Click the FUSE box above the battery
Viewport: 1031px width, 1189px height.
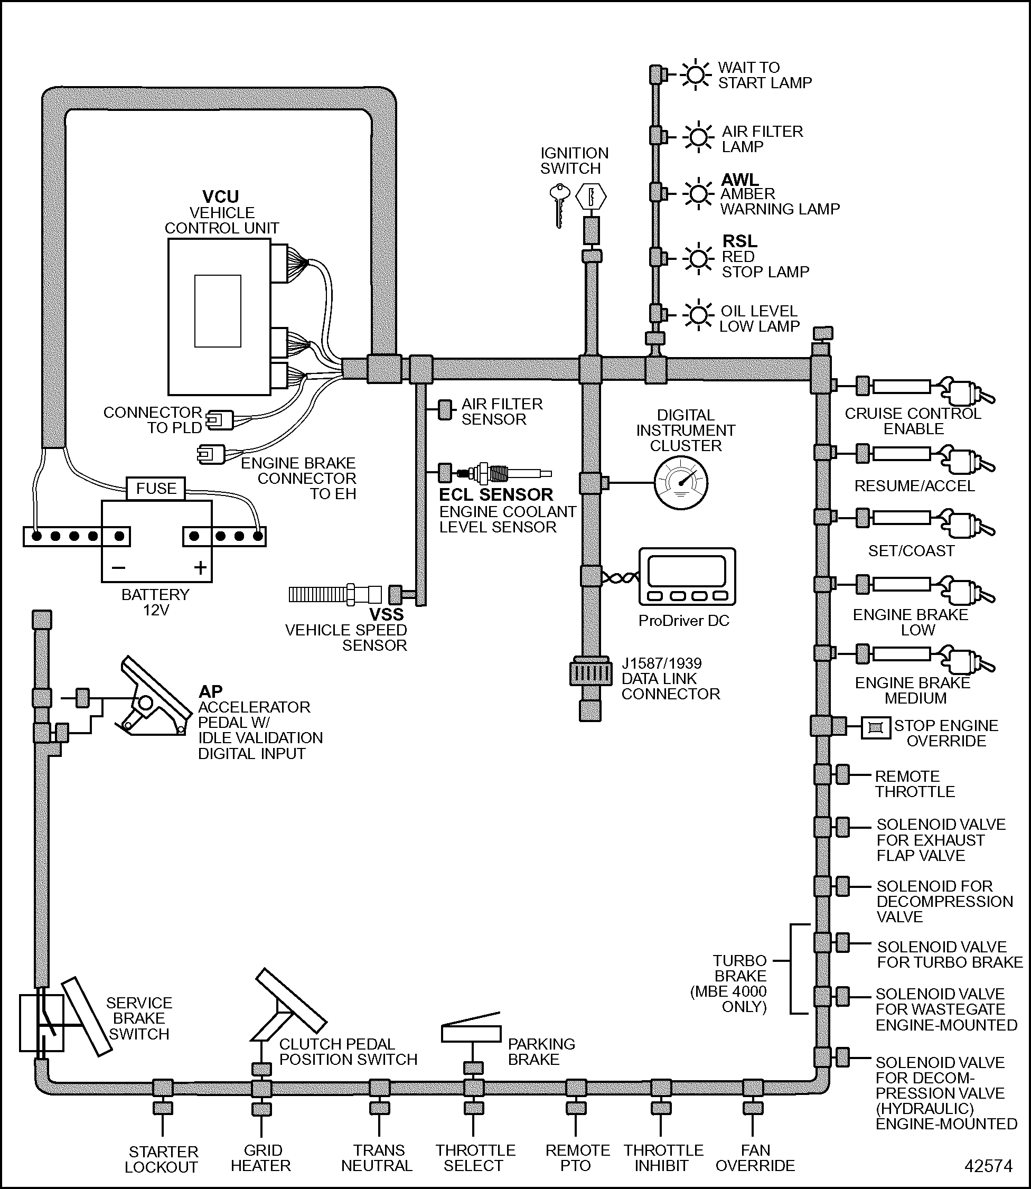tap(156, 489)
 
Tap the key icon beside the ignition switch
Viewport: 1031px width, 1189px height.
tap(559, 204)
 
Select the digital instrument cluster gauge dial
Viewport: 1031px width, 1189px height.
tap(681, 483)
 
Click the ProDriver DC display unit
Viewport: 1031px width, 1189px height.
tap(687, 576)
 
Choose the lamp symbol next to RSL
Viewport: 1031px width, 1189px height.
tap(698, 258)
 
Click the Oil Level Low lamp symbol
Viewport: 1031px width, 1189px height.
tap(698, 315)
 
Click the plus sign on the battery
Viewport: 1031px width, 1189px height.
tap(200, 568)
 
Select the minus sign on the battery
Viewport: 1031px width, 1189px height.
tap(118, 568)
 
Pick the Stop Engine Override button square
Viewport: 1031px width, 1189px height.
tap(875, 728)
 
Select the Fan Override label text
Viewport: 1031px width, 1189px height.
tap(755, 1158)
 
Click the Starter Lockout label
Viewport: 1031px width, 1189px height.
tap(163, 1159)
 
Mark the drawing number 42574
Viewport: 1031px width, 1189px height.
tap(988, 1165)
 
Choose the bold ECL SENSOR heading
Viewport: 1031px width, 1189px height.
tap(496, 495)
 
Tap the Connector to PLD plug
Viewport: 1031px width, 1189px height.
tap(220, 420)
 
